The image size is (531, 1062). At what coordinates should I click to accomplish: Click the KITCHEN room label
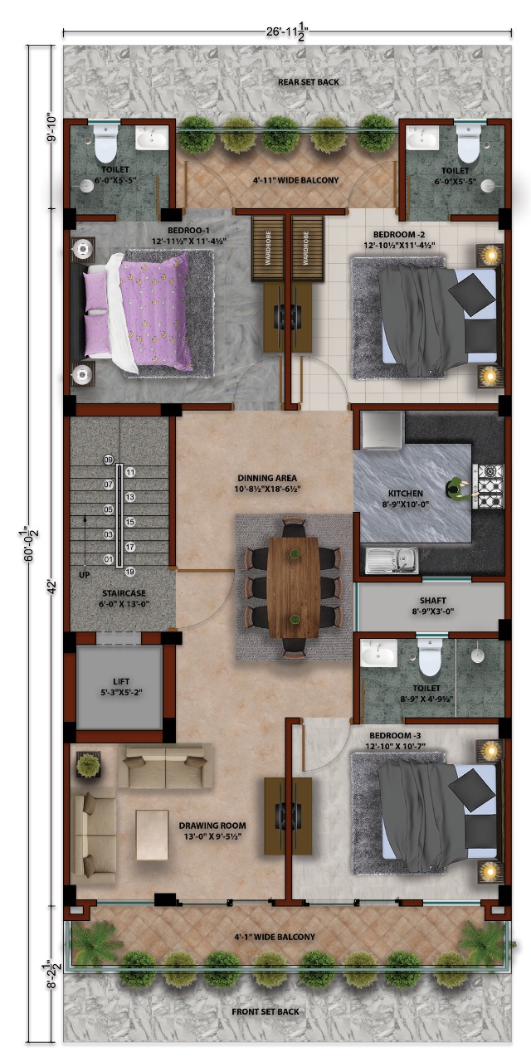point(406,493)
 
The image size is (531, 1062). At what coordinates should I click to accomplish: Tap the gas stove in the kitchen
point(489,485)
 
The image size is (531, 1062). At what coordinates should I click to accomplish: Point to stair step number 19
point(130,572)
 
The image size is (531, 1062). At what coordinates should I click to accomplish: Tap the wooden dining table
point(293,587)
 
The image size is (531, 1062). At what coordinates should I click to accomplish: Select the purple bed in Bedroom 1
point(141,313)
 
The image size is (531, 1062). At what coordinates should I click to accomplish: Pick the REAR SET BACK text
point(285,82)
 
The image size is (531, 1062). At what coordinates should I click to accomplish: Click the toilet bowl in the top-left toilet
point(105,147)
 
